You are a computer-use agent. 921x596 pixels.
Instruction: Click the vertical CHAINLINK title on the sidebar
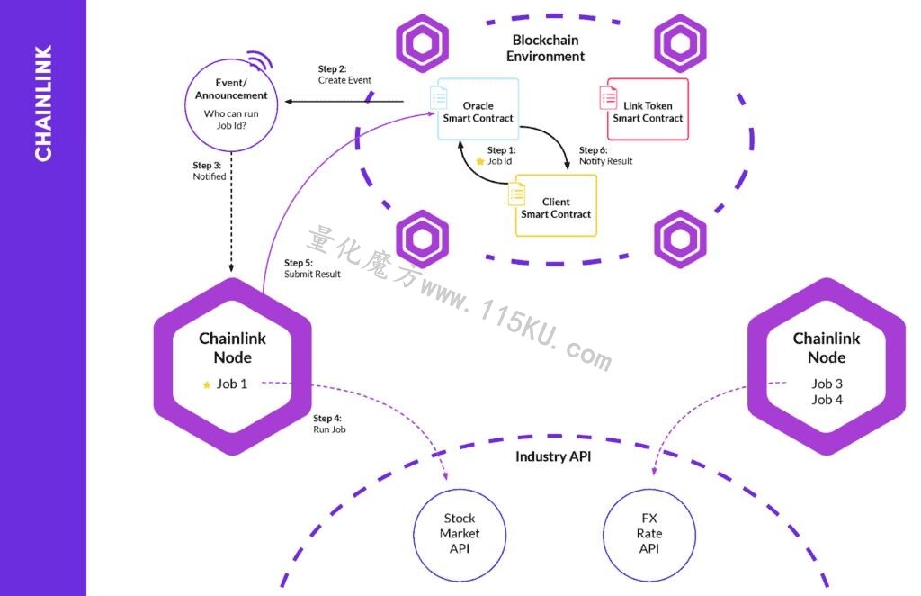[x=43, y=103]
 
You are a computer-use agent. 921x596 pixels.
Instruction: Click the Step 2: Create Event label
[x=344, y=75]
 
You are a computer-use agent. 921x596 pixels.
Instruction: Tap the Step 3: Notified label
[x=209, y=171]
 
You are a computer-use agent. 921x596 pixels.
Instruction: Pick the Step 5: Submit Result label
[x=312, y=268]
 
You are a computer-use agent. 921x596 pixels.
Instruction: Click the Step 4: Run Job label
[x=329, y=424]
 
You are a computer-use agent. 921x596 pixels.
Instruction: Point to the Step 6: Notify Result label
[x=605, y=156]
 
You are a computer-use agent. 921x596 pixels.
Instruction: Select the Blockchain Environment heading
[x=546, y=49]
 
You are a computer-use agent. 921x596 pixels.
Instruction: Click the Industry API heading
[x=553, y=456]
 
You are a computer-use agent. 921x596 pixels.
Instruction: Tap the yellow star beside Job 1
[x=207, y=385]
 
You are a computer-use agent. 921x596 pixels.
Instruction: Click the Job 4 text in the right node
[x=827, y=400]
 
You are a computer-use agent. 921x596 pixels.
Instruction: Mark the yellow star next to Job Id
[x=480, y=161]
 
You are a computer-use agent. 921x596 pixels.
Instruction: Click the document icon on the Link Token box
[x=608, y=97]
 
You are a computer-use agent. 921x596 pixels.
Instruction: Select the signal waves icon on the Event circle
[x=260, y=60]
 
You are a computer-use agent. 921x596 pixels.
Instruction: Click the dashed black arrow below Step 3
[x=231, y=212]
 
